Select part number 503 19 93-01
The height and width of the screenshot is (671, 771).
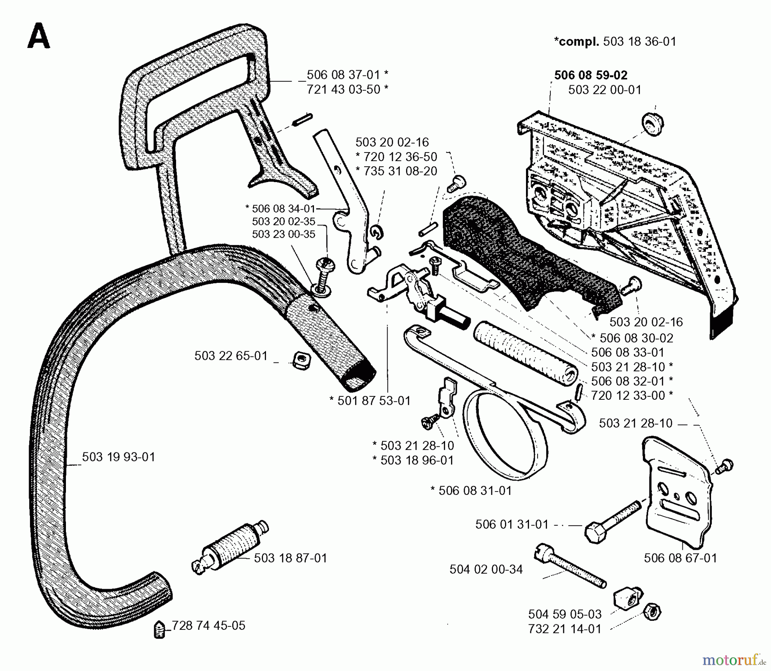click(118, 457)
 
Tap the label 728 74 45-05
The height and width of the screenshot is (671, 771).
click(209, 626)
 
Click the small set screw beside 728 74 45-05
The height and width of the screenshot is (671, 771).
click(159, 630)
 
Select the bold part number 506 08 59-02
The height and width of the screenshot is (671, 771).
click(591, 75)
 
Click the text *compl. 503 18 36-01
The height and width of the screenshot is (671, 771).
click(615, 42)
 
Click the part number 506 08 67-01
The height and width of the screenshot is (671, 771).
click(680, 558)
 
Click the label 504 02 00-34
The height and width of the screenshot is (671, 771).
click(486, 569)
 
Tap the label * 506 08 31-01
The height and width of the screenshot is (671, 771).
click(471, 491)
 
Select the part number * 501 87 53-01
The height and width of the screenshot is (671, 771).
click(370, 401)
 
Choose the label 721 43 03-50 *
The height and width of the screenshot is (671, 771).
click(347, 90)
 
